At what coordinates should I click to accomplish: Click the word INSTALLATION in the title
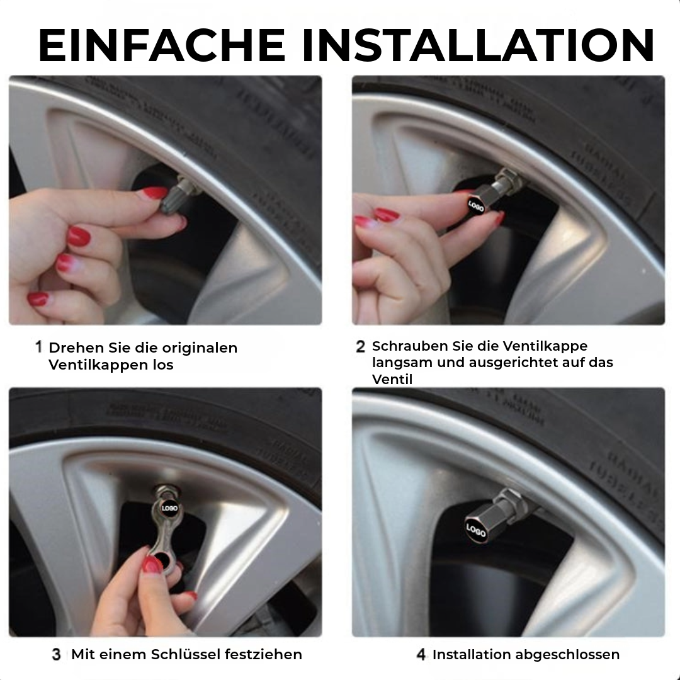pyautogui.click(x=477, y=46)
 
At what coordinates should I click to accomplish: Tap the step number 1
pyautogui.click(x=38, y=347)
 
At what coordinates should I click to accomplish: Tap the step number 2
pyautogui.click(x=360, y=346)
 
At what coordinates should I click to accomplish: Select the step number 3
pyautogui.click(x=56, y=655)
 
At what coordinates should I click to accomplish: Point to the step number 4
pyautogui.click(x=421, y=655)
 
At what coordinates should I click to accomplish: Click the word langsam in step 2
pyautogui.click(x=399, y=362)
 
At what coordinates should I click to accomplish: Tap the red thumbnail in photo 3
pyautogui.click(x=152, y=565)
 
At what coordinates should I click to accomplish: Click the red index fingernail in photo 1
pyautogui.click(x=154, y=193)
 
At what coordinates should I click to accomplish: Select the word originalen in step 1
pyautogui.click(x=200, y=348)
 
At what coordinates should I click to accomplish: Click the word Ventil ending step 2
pyautogui.click(x=392, y=379)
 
